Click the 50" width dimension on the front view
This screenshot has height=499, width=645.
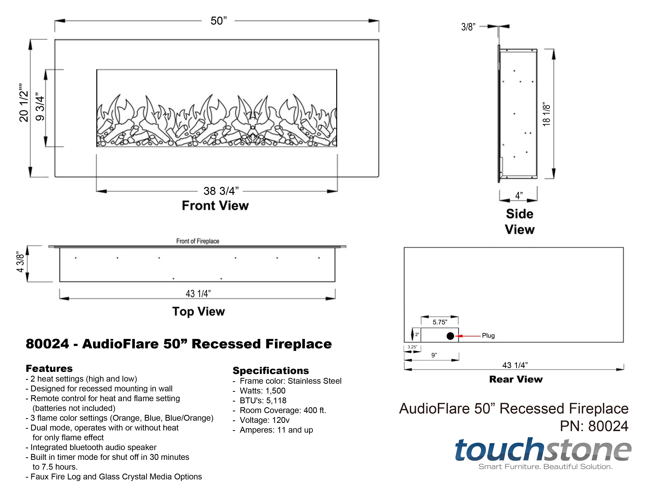219,21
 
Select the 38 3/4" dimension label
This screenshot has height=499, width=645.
221,191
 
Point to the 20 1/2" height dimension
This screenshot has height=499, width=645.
24,106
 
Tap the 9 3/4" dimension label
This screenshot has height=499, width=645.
40,108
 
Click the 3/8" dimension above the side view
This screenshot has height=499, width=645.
468,27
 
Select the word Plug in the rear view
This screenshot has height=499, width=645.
488,336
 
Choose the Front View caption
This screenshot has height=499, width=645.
215,206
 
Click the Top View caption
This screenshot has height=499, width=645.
198,312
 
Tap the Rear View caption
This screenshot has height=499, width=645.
516,379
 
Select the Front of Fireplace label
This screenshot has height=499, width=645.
198,241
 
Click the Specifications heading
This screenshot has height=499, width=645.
271,371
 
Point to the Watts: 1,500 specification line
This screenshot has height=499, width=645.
262,391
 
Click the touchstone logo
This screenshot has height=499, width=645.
543,451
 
